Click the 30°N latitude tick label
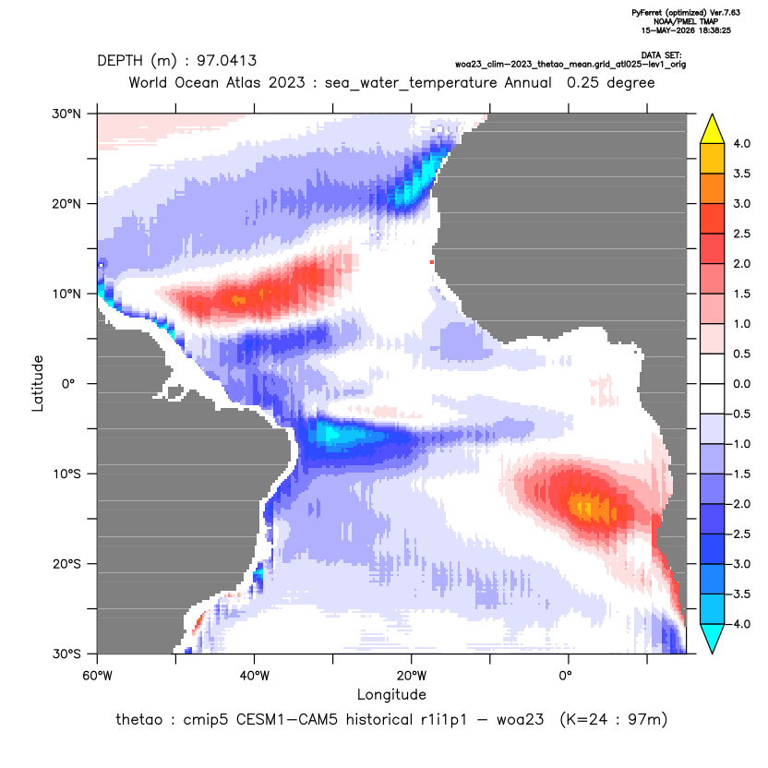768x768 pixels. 66,114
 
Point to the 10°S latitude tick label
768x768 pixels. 66,474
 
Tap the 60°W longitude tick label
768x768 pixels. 98,676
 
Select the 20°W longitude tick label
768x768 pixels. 412,676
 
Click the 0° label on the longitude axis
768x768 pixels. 566,676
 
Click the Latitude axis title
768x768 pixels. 38,383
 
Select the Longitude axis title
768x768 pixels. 391,694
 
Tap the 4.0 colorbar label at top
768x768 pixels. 741,143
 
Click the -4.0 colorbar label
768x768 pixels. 739,624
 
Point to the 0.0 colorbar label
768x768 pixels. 741,384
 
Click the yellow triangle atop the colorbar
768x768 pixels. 713,129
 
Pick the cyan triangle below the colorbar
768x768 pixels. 713,639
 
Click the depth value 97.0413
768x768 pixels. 227,61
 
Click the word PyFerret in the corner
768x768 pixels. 646,13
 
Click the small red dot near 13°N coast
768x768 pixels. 431,262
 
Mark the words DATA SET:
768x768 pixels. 661,55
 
